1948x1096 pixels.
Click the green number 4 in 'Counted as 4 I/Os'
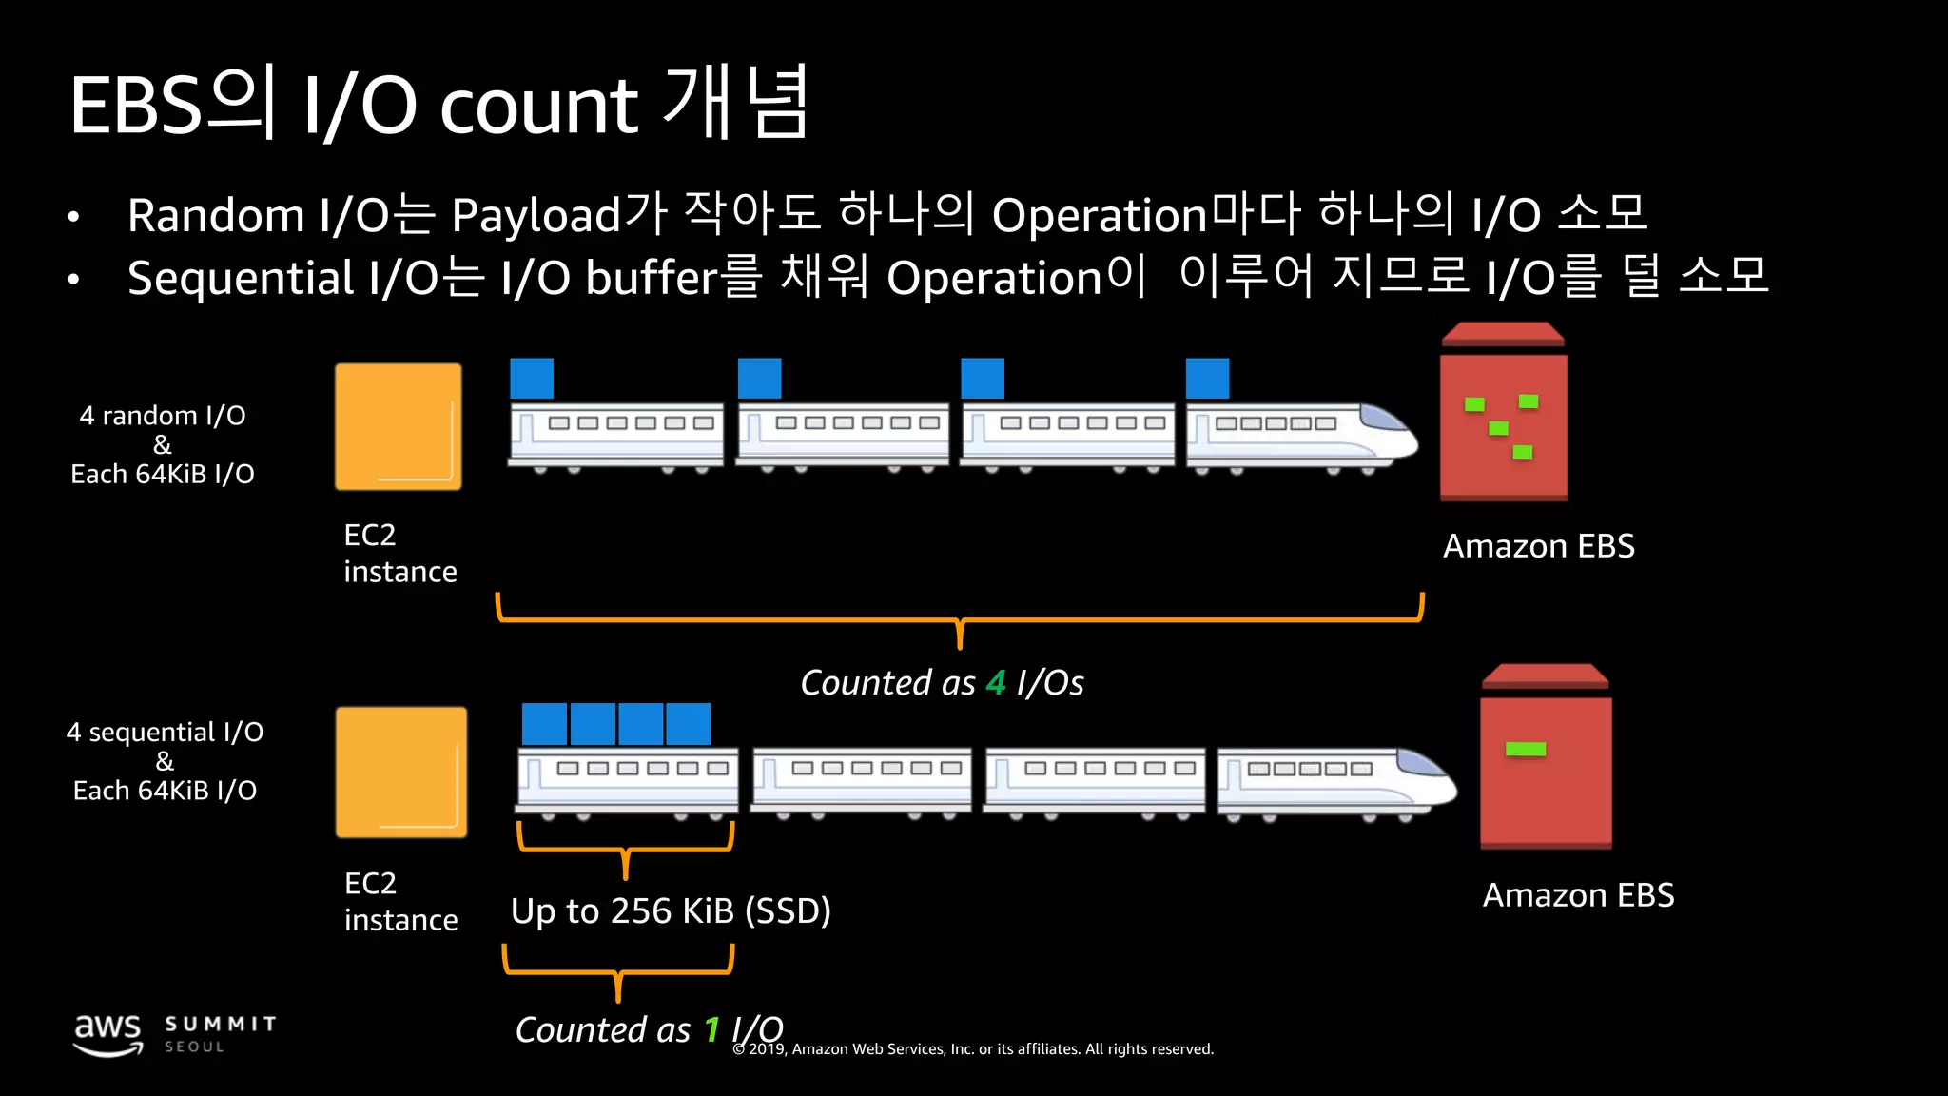(x=996, y=683)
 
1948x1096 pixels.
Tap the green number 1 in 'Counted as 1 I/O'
(x=711, y=1029)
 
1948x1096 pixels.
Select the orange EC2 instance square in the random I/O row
(x=399, y=427)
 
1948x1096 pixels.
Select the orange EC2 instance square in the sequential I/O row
(x=401, y=772)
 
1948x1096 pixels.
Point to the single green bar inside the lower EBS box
(x=1526, y=750)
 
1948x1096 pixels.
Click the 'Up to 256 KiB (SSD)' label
(x=671, y=910)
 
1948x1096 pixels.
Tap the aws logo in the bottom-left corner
(x=108, y=1033)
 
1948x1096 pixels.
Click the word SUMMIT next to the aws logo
(x=221, y=1024)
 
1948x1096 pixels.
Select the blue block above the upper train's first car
(x=532, y=379)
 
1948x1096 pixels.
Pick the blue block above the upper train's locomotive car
(x=1207, y=379)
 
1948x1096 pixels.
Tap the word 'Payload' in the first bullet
(x=536, y=215)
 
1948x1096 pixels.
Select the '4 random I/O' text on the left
(x=163, y=416)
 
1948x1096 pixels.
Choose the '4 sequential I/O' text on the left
(x=165, y=732)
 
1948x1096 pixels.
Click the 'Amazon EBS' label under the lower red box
(x=1578, y=895)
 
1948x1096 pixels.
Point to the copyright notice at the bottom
(x=973, y=1048)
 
